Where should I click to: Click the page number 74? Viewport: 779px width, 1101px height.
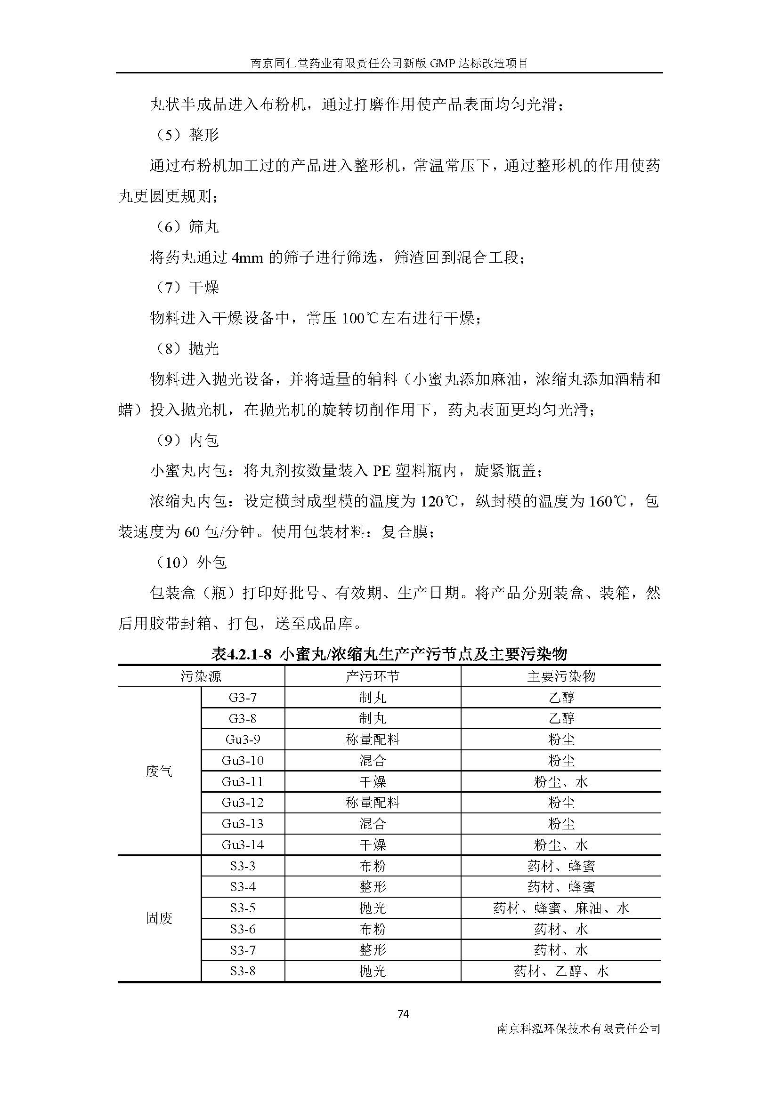tap(403, 1014)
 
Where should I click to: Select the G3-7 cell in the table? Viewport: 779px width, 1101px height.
tap(243, 698)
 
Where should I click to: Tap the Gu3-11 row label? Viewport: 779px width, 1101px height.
tap(243, 782)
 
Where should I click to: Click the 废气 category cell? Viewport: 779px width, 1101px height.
tap(159, 772)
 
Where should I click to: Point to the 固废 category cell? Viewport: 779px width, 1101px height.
tap(159, 918)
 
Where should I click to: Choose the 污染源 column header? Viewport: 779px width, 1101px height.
tap(201, 676)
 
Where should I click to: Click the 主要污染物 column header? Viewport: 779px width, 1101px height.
tap(561, 676)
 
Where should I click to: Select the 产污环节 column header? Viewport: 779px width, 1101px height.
tap(372, 676)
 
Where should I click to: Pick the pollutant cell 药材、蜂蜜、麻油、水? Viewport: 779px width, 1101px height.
tap(561, 908)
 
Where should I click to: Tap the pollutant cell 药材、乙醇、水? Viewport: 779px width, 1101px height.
tap(561, 972)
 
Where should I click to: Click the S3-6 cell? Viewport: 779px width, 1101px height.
tap(243, 929)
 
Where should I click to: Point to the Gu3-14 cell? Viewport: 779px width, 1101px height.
tap(243, 845)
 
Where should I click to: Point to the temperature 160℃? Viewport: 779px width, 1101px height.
tap(607, 502)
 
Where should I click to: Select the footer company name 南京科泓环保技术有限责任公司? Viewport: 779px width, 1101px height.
tap(578, 1029)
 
